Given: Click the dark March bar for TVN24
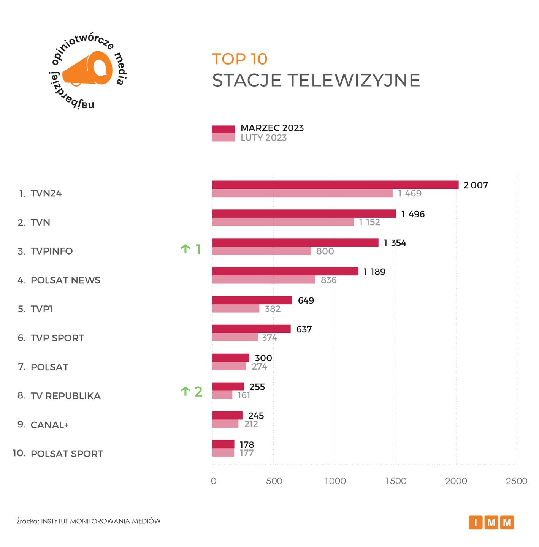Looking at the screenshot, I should [x=335, y=185].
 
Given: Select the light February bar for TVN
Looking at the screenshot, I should [x=283, y=222].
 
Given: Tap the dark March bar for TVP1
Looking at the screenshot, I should [x=252, y=300].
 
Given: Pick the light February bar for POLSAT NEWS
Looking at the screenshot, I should [x=263, y=280].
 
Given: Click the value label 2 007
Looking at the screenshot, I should [x=476, y=185].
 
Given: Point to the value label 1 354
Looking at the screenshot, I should [x=395, y=243].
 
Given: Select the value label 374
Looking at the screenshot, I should [x=269, y=338].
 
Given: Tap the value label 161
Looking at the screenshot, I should [x=244, y=395].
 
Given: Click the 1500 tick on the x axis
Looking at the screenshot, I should [x=396, y=481].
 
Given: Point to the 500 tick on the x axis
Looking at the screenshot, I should [x=274, y=481].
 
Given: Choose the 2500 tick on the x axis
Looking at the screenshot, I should [x=517, y=481].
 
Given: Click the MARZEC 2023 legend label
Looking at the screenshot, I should [x=272, y=128].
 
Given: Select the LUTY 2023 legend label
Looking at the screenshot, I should [x=263, y=138].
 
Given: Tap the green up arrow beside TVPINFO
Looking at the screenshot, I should [x=185, y=249].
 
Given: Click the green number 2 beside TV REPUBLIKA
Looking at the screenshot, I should [x=198, y=392].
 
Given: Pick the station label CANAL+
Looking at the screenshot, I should [x=50, y=425].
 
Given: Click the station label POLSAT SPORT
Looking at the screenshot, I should [x=67, y=454].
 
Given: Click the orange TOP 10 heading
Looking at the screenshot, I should [x=239, y=59].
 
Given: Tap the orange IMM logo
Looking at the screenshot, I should [x=491, y=523].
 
